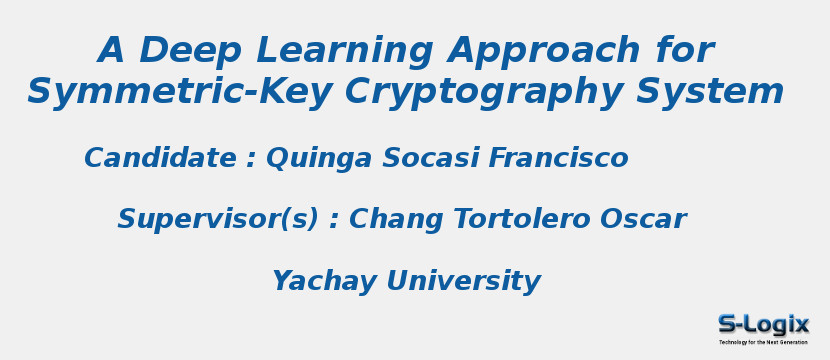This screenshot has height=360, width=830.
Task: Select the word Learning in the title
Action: (x=340, y=51)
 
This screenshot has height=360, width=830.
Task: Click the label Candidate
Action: (x=160, y=158)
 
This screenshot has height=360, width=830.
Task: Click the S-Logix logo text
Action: (x=763, y=324)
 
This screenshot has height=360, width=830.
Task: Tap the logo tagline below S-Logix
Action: (x=763, y=342)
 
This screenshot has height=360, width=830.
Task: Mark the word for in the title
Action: (x=685, y=51)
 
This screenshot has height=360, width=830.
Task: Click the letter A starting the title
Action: (x=111, y=51)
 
